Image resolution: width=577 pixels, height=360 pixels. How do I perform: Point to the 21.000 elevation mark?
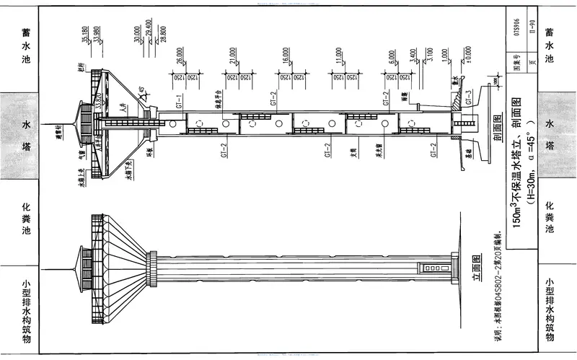(233, 55)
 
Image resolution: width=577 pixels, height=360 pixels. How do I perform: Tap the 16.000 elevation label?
(286, 55)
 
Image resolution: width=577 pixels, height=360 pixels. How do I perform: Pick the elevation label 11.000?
(339, 55)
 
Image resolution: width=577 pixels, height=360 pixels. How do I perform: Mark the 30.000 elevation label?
(134, 35)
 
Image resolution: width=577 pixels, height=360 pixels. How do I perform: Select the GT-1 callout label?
(176, 99)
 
